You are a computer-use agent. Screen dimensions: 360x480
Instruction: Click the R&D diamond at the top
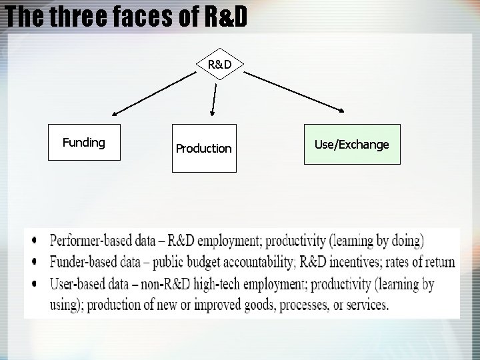(219, 65)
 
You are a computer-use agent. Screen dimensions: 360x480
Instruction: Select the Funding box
(84, 143)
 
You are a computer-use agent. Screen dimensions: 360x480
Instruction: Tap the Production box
(204, 148)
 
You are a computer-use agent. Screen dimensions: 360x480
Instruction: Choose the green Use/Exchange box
(352, 144)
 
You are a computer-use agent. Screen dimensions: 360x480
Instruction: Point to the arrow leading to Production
(213, 100)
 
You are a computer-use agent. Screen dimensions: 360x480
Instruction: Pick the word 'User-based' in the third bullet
(75, 284)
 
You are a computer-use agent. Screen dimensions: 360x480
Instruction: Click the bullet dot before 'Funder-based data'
(34, 262)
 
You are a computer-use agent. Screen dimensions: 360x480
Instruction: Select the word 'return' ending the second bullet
(437, 262)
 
